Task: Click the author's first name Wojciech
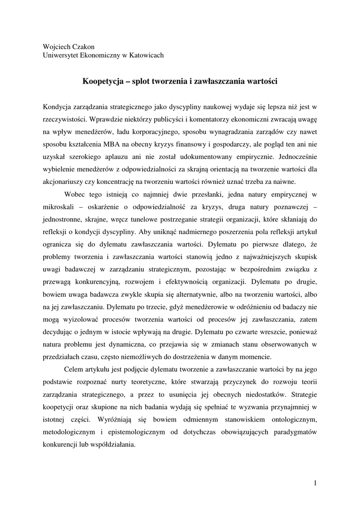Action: point(57,46)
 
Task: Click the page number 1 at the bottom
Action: point(315,482)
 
